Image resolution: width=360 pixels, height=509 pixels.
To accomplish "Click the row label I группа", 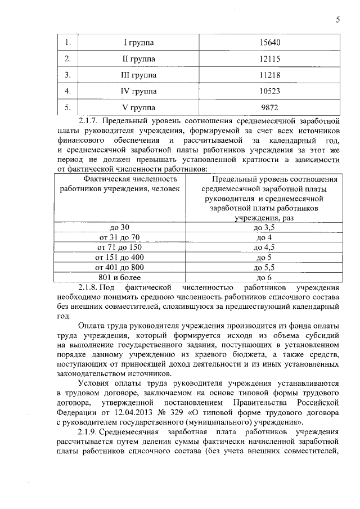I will tap(139, 43).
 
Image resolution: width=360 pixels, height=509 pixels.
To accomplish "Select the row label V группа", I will tap(139, 107).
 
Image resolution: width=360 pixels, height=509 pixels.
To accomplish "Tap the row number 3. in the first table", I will tap(67, 75).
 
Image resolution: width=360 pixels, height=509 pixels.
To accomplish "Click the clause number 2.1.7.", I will tap(89, 120).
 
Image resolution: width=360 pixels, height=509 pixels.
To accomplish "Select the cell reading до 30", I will tap(120, 227).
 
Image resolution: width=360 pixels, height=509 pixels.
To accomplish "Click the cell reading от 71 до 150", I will tap(120, 247).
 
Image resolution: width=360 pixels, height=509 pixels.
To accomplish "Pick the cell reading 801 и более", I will tap(120, 277).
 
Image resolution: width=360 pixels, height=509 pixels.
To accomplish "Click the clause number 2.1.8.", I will tap(89, 287).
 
